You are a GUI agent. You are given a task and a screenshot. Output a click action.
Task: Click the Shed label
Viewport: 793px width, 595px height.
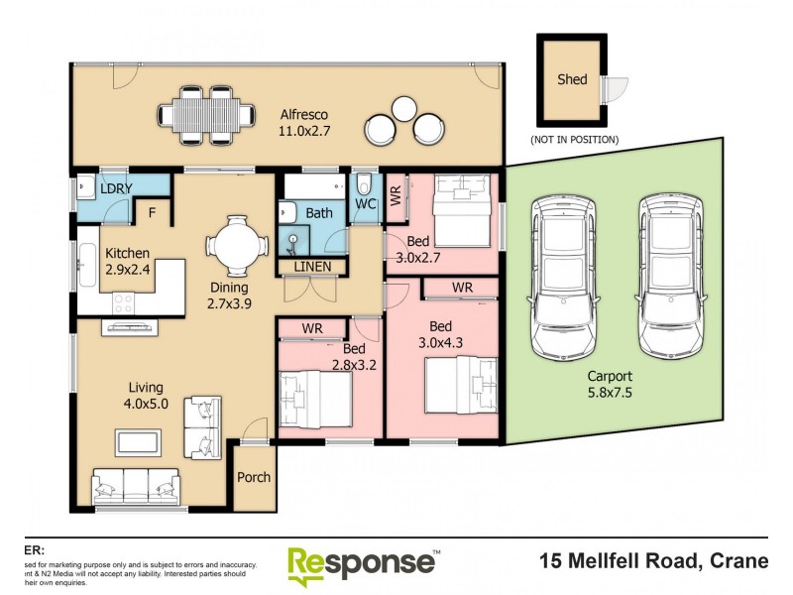tap(571, 79)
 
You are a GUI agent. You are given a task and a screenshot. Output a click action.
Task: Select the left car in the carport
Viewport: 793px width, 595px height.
tap(564, 275)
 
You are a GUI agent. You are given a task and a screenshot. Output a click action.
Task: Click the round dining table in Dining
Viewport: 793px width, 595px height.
tap(237, 244)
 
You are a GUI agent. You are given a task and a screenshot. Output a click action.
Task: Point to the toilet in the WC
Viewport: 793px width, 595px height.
tap(364, 184)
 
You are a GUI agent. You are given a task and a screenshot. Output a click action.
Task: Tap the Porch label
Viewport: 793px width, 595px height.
tap(254, 477)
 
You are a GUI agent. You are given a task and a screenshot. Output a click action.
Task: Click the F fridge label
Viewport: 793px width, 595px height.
tap(152, 211)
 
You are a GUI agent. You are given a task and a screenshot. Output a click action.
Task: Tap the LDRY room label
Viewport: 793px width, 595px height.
tap(117, 188)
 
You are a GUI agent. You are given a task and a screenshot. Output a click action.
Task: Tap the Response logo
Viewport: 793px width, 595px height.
tap(363, 563)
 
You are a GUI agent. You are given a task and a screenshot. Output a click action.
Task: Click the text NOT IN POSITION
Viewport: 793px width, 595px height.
tap(575, 139)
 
